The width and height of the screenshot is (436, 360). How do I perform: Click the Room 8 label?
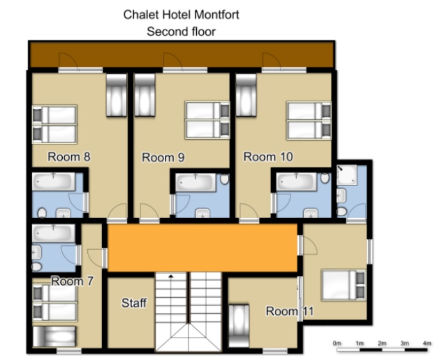click(69, 157)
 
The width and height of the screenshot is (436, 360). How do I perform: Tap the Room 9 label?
click(163, 157)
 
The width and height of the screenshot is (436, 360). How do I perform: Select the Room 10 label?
click(268, 157)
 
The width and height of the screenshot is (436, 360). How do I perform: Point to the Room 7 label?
click(72, 281)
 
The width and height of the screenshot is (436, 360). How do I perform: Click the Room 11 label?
click(290, 311)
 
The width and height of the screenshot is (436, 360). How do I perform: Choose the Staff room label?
click(134, 303)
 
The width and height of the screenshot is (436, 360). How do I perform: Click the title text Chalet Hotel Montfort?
click(181, 15)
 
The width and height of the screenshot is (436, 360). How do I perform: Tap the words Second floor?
click(181, 31)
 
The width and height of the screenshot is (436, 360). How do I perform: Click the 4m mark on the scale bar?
click(427, 343)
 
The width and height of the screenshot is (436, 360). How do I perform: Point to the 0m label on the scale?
click(337, 343)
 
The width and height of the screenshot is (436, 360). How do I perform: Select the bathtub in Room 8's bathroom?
click(54, 182)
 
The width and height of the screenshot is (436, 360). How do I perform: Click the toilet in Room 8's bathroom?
click(42, 213)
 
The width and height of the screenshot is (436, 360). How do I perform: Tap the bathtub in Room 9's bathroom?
click(196, 182)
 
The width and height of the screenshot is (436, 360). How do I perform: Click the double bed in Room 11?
click(344, 285)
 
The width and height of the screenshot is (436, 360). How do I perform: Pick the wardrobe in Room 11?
click(239, 325)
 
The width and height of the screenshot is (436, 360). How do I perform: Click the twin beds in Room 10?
click(309, 121)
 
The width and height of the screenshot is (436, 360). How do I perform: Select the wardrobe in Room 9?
click(145, 94)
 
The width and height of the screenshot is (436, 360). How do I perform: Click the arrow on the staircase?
click(171, 277)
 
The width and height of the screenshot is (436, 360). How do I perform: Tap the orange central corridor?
click(203, 248)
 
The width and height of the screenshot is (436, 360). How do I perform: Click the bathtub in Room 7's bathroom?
click(54, 233)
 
